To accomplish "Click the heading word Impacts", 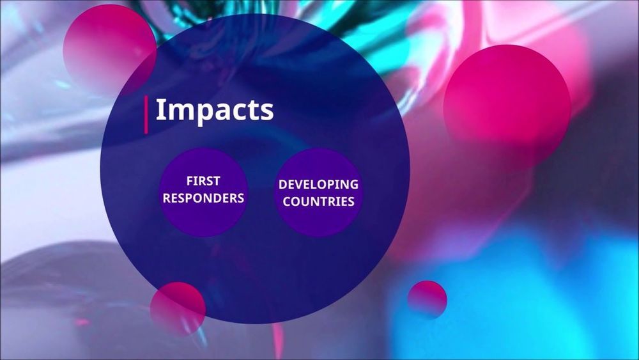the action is (214, 110).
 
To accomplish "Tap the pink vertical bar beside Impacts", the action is (146, 114).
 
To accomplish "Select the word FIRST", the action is (203, 180).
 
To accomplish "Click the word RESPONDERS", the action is (203, 198).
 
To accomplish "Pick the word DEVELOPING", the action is (318, 184).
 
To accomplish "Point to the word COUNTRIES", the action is (318, 201).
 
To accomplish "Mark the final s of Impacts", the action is (267, 112).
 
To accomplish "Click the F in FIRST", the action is (190, 180).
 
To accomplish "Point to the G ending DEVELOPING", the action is (354, 184).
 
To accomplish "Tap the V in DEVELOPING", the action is (300, 184).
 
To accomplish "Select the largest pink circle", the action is (507, 107).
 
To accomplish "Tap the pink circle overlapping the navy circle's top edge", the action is (110, 50).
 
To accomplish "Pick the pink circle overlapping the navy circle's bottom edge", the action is (178, 309).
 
